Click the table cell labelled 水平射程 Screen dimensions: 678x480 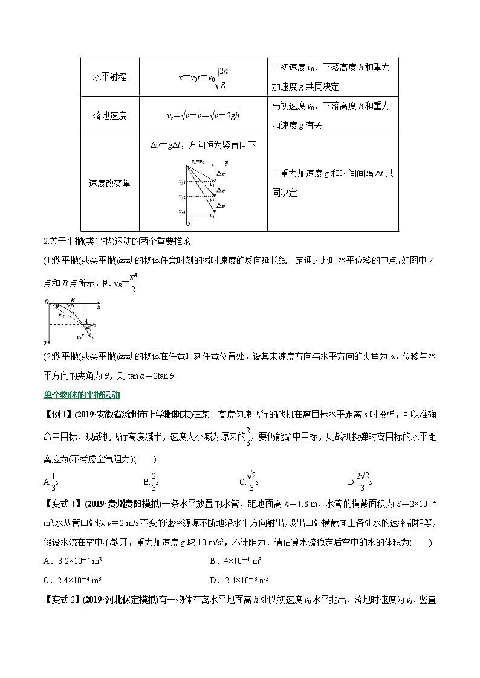point(109,77)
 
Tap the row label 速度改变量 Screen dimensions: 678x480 point(109,183)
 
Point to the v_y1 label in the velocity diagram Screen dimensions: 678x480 point(182,181)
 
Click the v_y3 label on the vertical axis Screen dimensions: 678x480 point(182,211)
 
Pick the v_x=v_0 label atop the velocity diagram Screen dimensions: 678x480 point(198,162)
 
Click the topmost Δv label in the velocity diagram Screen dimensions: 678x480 point(221,173)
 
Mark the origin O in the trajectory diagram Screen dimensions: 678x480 point(46,301)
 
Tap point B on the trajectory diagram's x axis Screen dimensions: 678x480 point(72,299)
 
